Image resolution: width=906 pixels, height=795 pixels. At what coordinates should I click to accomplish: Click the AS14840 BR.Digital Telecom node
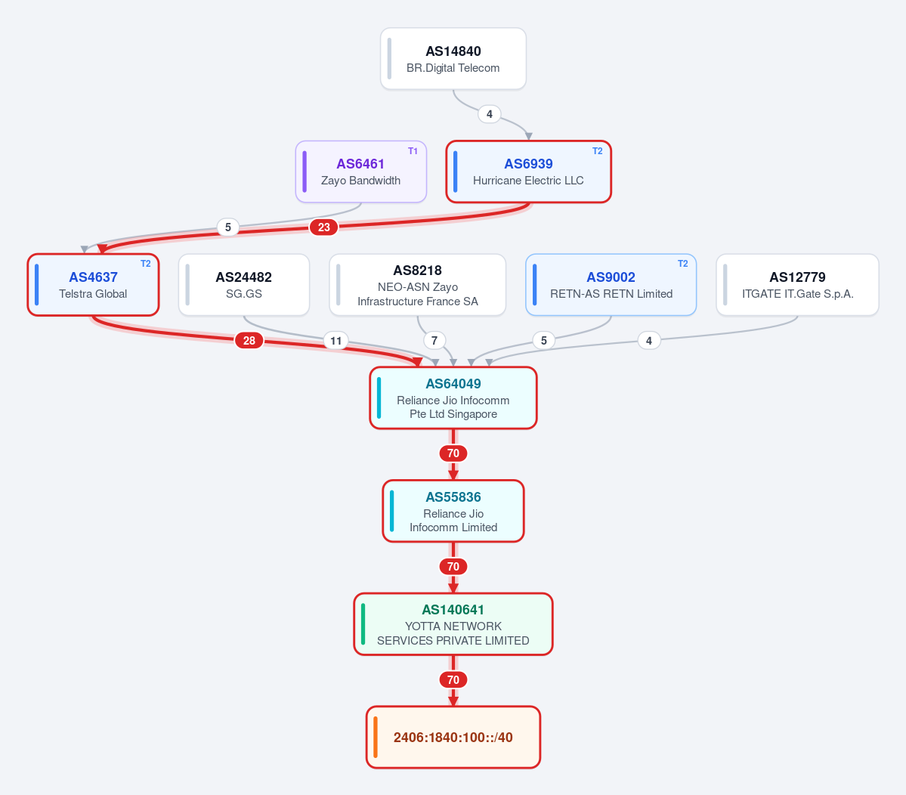[x=453, y=59]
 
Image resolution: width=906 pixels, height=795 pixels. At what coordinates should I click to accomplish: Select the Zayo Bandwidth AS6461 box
[x=361, y=172]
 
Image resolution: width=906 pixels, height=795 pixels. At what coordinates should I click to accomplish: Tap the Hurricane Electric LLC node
[x=529, y=172]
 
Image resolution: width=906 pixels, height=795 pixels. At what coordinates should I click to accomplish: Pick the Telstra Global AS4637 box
[x=93, y=285]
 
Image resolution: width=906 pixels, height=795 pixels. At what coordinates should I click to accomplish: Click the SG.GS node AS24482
[x=244, y=285]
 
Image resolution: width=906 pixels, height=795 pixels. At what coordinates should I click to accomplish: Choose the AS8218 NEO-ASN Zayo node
[x=418, y=285]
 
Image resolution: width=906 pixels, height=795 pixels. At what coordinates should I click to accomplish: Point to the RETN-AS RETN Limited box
[x=611, y=285]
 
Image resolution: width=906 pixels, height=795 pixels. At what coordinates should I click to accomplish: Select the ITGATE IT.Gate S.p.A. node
[x=797, y=285]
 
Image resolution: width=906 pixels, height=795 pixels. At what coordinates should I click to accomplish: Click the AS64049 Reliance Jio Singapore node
[x=453, y=398]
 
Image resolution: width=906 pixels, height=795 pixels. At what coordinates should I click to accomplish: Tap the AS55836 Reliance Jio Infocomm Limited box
[x=453, y=512]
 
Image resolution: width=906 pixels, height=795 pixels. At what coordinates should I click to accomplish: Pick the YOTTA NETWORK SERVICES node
[x=453, y=624]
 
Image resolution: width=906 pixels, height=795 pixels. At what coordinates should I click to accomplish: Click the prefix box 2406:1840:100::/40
[x=453, y=738]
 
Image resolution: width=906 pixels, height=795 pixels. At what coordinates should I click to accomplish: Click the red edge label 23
[x=323, y=227]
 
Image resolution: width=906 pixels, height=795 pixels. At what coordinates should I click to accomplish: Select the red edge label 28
[x=249, y=340]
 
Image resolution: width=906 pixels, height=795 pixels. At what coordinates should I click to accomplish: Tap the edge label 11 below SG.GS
[x=335, y=340]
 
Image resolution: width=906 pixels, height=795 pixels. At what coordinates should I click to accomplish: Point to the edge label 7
[x=434, y=340]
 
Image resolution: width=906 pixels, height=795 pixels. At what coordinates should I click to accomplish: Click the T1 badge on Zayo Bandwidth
[x=413, y=151]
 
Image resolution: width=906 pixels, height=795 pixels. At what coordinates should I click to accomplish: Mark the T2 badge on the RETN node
[x=682, y=264]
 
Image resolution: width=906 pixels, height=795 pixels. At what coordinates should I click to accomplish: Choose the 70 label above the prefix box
[x=453, y=679]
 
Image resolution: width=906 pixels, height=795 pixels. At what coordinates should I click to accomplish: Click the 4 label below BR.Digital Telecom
[x=490, y=114]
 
